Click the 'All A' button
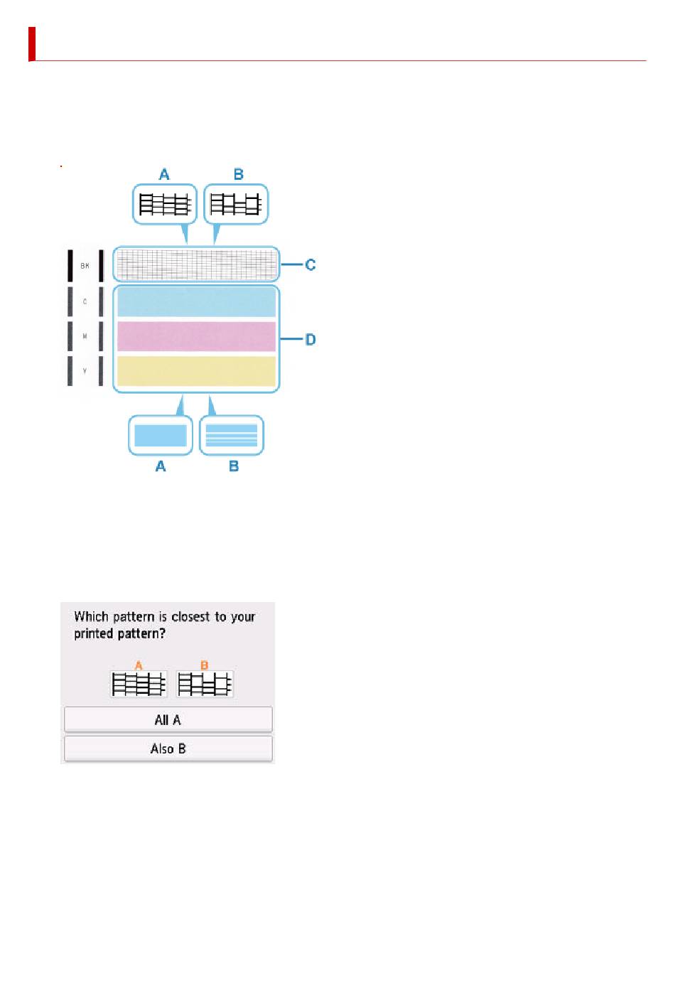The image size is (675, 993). coord(168,719)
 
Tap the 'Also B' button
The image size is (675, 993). coord(168,748)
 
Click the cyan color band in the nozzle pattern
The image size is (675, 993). coord(196,302)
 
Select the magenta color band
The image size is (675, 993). coord(196,336)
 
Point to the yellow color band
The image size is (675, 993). coord(196,371)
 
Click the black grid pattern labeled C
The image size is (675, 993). coord(196,265)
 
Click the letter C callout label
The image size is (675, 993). coord(310,265)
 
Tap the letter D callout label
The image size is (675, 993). coord(310,340)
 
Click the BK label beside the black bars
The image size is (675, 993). coord(85,266)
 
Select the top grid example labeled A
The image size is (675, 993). coord(165,205)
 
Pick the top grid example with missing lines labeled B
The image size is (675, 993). coord(237,205)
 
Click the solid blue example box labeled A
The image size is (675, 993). coord(161,435)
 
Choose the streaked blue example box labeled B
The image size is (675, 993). coord(232,435)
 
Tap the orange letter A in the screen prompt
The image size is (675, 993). coord(139,665)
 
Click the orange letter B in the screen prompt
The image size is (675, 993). coord(205,665)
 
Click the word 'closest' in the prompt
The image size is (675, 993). coord(190,616)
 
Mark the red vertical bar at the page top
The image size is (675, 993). coord(32,44)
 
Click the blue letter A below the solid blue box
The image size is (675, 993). coord(161,466)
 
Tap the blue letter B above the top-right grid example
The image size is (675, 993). coord(239,174)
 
